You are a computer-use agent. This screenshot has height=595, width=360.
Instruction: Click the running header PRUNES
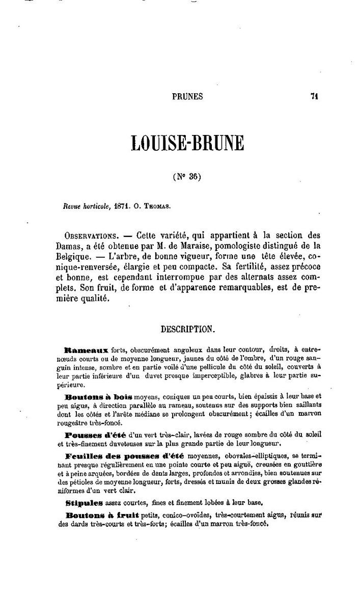pyautogui.click(x=188, y=96)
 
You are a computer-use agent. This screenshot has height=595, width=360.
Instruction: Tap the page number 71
pyautogui.click(x=314, y=96)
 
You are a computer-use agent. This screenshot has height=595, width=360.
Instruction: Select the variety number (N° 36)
pyautogui.click(x=188, y=177)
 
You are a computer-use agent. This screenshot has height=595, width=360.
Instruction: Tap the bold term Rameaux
pyautogui.click(x=86, y=351)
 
